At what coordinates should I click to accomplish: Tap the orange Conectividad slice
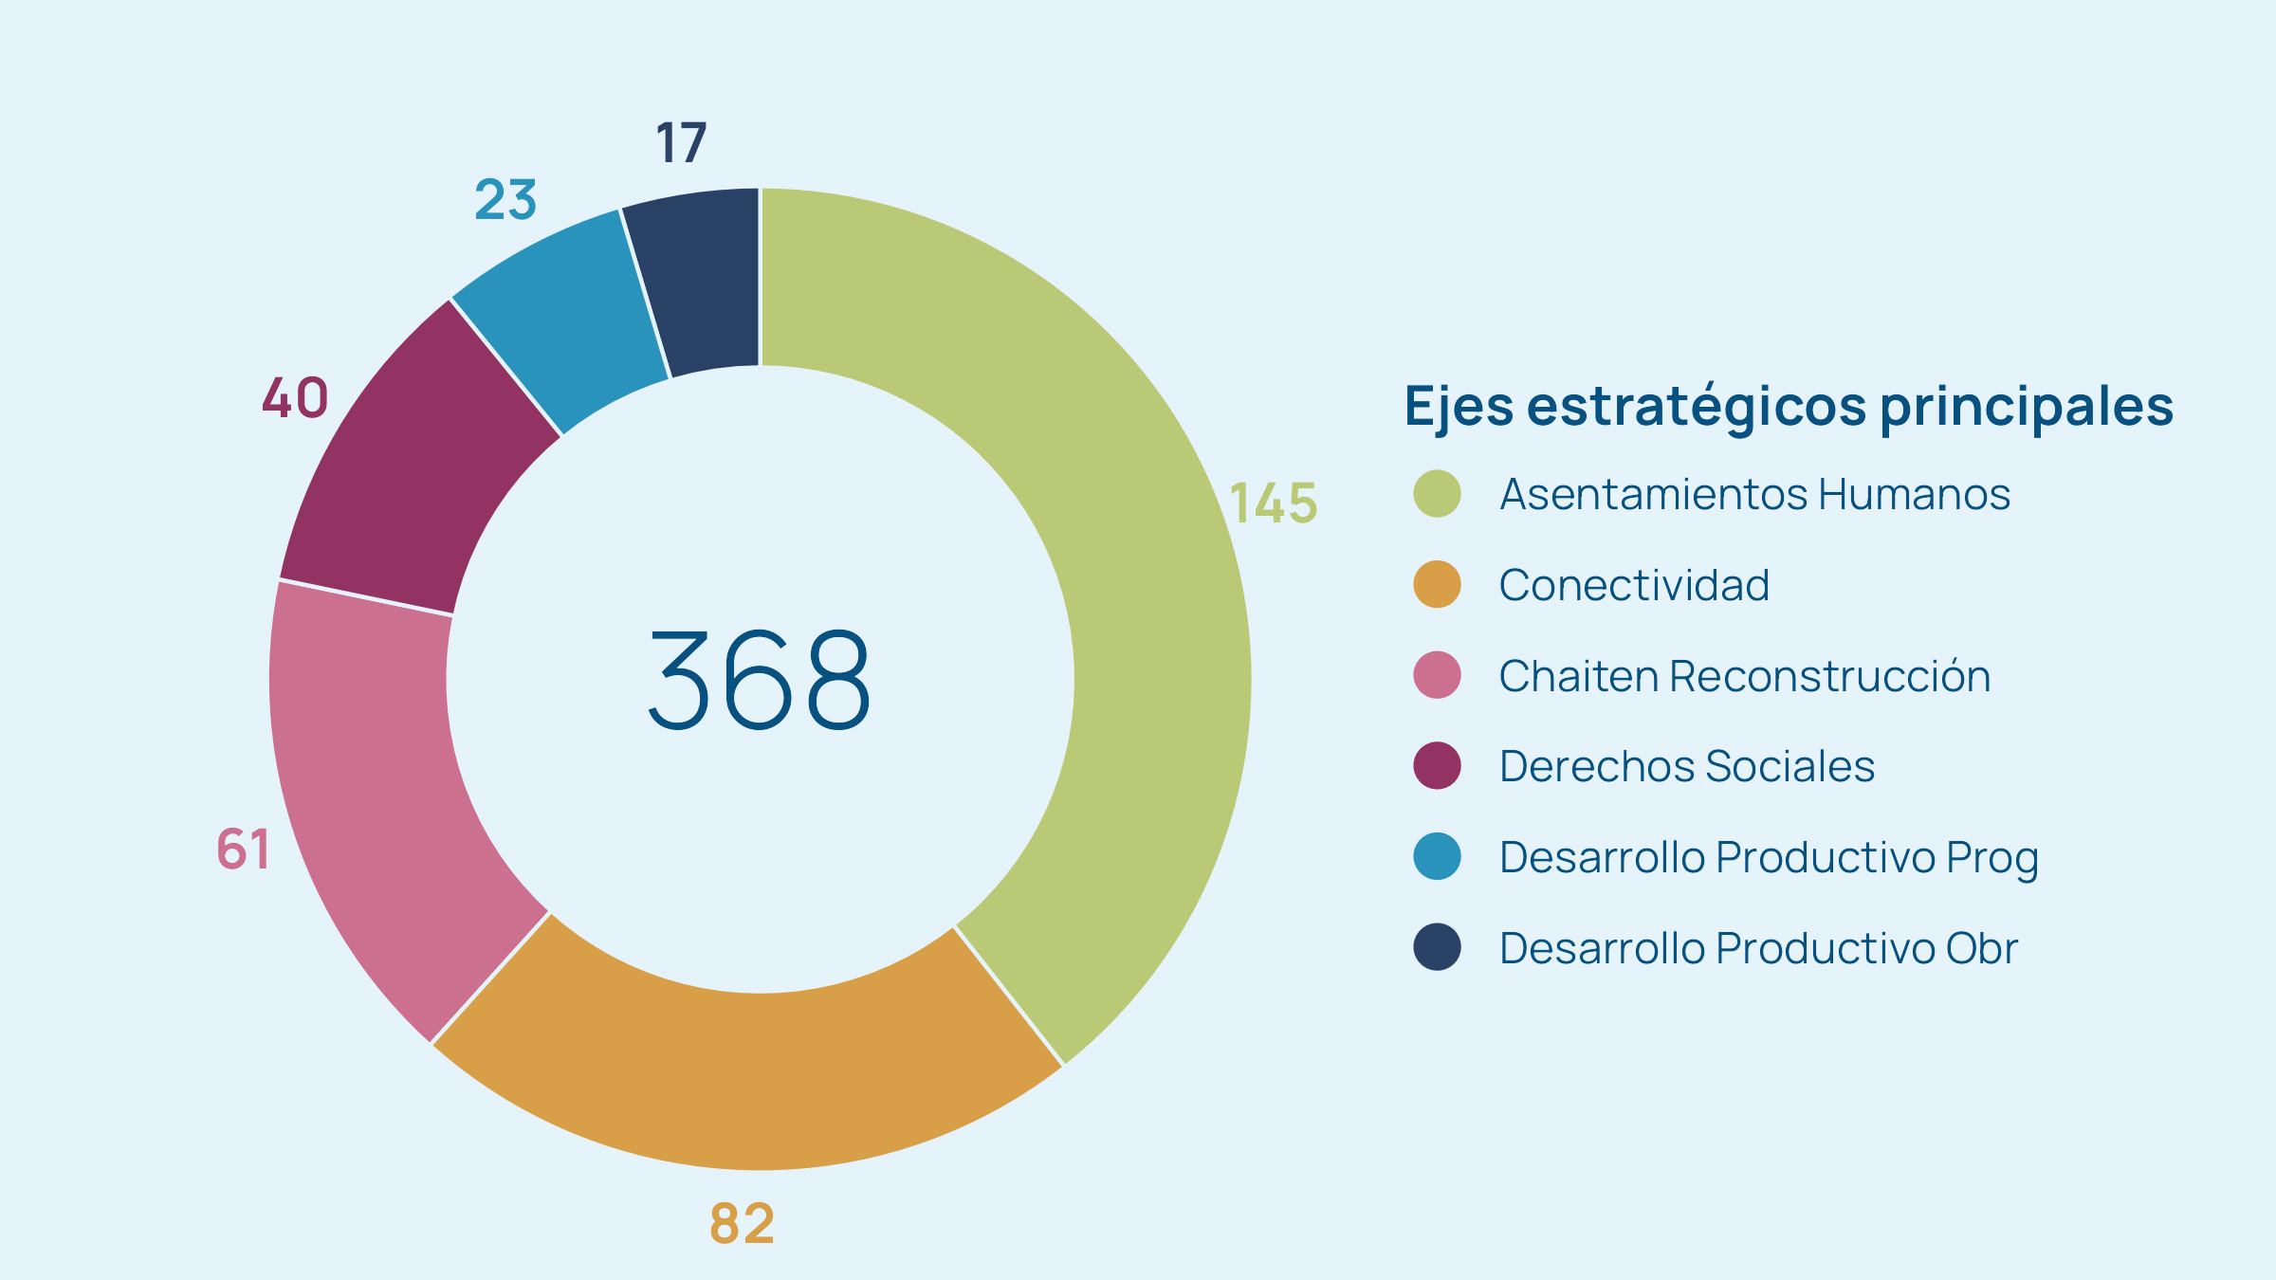tap(749, 1081)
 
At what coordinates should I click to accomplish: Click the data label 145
tap(1273, 503)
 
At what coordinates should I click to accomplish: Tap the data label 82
tap(742, 1223)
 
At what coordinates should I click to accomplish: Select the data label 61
tap(244, 849)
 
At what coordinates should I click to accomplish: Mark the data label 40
tap(295, 397)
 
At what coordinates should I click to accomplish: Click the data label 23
tap(505, 200)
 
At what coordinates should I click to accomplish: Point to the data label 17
tap(681, 143)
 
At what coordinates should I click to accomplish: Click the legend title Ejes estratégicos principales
tap(1789, 406)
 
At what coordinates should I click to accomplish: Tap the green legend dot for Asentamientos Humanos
tap(1437, 493)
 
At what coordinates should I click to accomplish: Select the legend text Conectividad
tap(1634, 585)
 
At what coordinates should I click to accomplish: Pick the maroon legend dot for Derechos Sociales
tap(1437, 766)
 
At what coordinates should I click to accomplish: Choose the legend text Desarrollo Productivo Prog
tap(1769, 857)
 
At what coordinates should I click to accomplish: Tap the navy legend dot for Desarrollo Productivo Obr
tap(1437, 947)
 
